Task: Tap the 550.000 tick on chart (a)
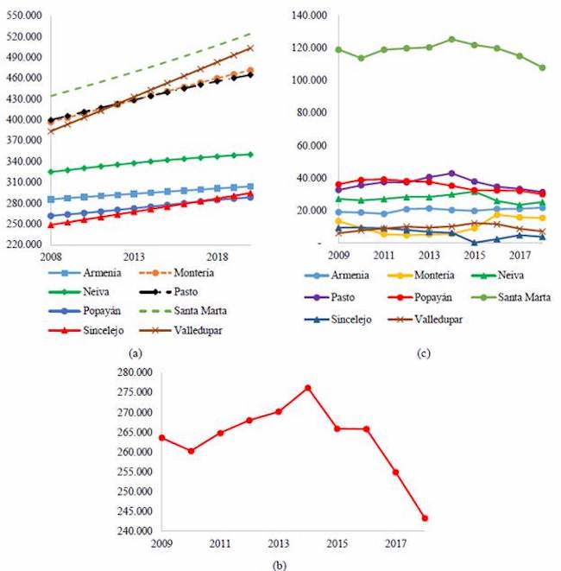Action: coord(23,16)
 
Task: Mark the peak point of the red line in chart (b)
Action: coord(307,388)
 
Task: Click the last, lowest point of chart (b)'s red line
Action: coord(425,518)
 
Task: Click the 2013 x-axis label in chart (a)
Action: coord(134,257)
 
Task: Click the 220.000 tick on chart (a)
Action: coord(23,244)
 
